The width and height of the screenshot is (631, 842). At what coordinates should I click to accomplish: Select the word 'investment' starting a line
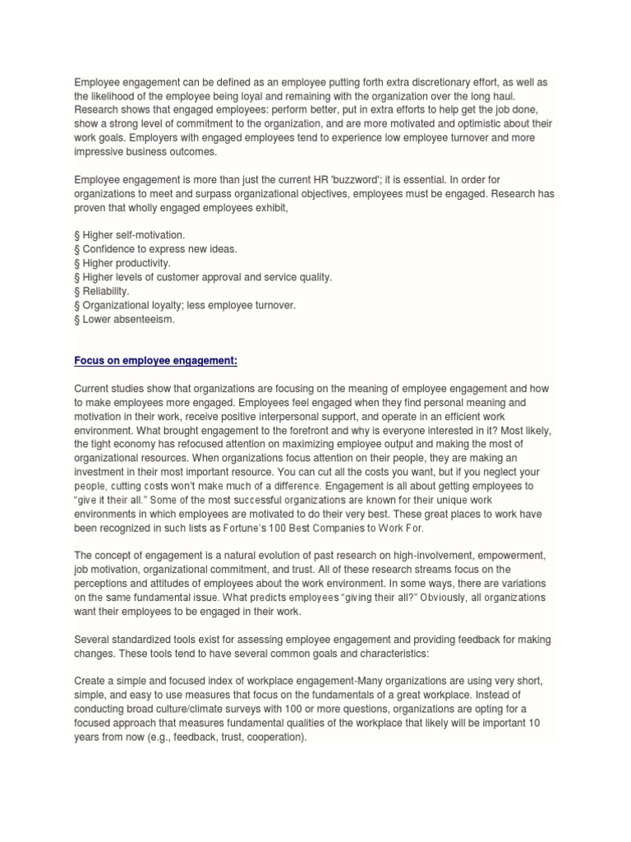click(x=99, y=472)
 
